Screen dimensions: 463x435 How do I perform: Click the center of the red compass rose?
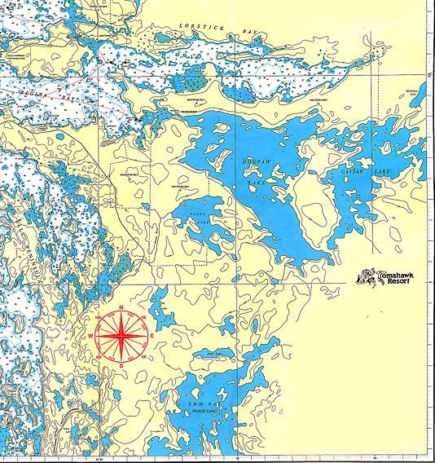(121, 336)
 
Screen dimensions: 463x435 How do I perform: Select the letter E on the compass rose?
(150, 336)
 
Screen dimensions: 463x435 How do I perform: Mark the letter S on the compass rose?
(121, 365)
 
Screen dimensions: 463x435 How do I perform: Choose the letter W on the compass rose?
(91, 336)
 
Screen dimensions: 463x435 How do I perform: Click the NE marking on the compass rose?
(143, 315)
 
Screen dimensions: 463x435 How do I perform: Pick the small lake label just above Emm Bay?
(213, 353)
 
